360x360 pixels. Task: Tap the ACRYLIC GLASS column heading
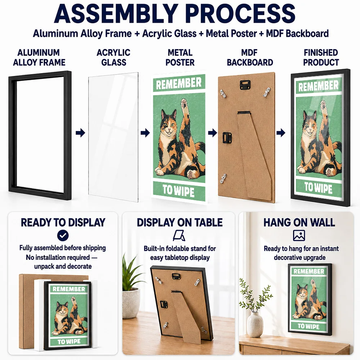pyautogui.click(x=114, y=57)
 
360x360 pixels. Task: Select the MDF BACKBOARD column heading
pyautogui.click(x=250, y=57)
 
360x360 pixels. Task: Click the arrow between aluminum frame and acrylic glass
pyautogui.click(x=80, y=133)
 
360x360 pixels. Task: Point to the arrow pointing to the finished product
pyautogui.click(x=281, y=133)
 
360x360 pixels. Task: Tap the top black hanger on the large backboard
pyautogui.click(x=245, y=84)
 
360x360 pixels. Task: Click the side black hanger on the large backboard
pyautogui.click(x=227, y=138)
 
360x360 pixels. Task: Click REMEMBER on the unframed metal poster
pyautogui.click(x=179, y=84)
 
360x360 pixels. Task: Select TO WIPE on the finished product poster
pyautogui.click(x=318, y=188)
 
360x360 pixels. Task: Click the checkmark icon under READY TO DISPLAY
pyautogui.click(x=63, y=235)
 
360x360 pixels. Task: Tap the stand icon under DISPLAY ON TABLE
pyautogui.click(x=179, y=235)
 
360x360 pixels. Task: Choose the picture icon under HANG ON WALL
pyautogui.click(x=299, y=235)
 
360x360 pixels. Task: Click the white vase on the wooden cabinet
pyautogui.click(x=255, y=324)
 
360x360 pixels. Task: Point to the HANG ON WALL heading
pyautogui.click(x=299, y=222)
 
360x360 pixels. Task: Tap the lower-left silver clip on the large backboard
pyautogui.click(x=223, y=179)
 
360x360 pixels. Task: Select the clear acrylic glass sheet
pyautogui.click(x=113, y=137)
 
